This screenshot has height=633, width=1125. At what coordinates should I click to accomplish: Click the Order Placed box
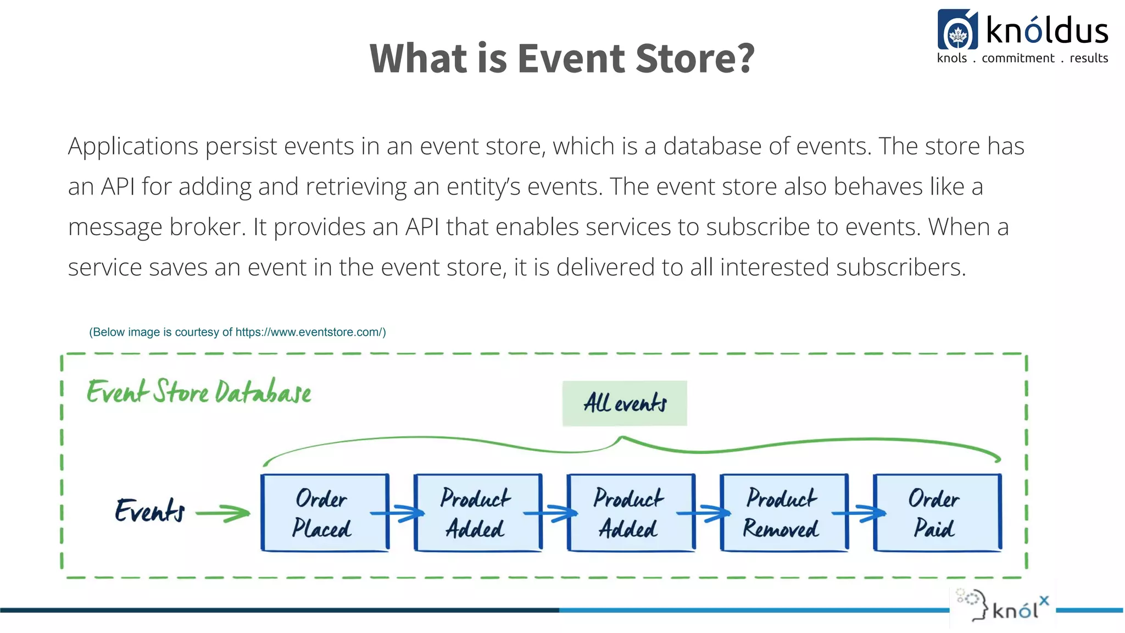pos(324,513)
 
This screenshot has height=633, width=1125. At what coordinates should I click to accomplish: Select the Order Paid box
pos(937,513)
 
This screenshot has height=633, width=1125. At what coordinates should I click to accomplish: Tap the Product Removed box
pos(783,513)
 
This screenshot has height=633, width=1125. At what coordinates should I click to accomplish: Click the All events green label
pos(625,403)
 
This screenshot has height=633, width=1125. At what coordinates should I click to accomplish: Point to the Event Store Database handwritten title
pos(199,392)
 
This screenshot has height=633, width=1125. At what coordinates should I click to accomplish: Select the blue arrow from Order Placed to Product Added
pos(398,513)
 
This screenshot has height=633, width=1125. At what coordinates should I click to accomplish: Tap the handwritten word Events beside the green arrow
pos(149,511)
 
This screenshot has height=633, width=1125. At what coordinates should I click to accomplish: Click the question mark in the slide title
pos(745,58)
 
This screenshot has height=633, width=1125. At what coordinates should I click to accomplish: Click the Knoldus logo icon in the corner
pos(957,30)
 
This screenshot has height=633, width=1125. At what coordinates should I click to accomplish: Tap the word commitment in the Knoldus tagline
pos(1018,58)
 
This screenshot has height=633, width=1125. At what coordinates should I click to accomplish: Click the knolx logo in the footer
pos(1003,608)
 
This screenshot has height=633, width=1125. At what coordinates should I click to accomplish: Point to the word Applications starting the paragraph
pos(133,147)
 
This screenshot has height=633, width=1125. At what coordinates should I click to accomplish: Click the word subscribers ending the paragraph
pos(900,268)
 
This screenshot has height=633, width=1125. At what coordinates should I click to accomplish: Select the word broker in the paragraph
pos(208,227)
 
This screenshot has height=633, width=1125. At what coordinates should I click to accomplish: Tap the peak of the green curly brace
pos(622,438)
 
